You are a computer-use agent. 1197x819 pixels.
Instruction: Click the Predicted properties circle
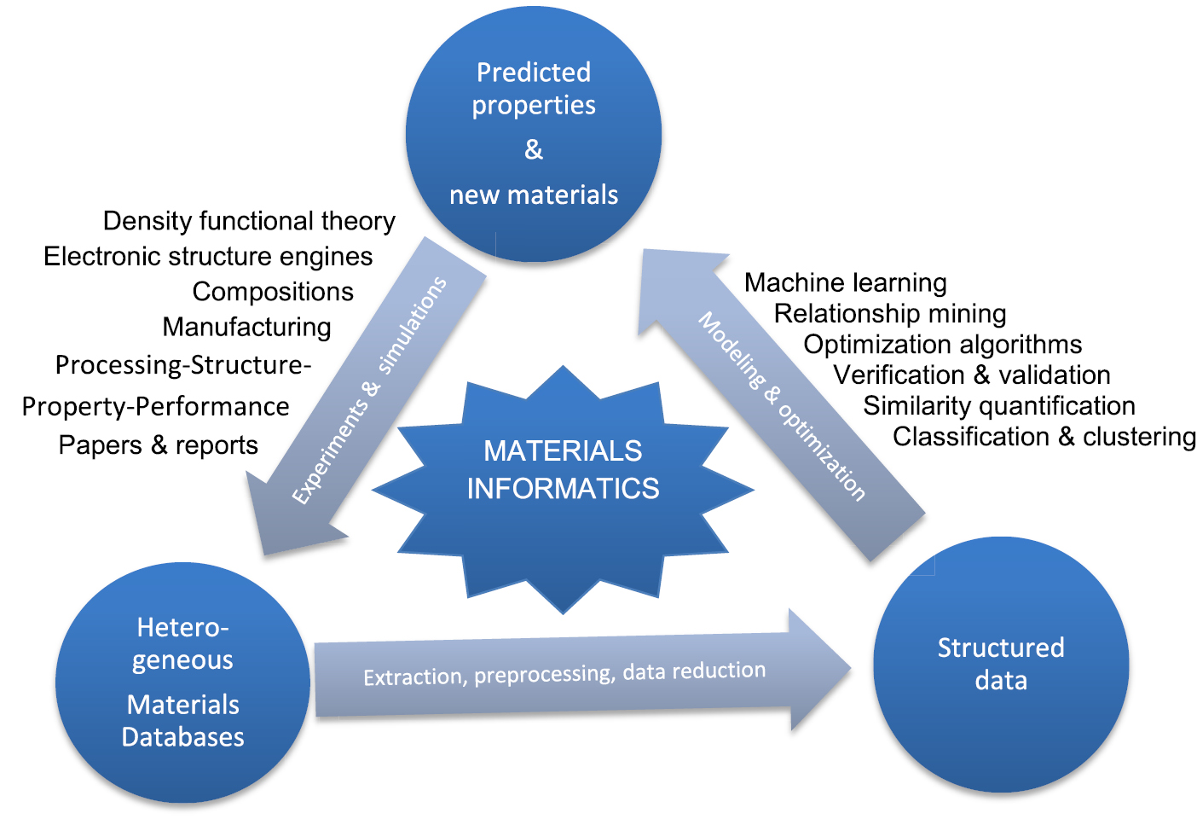click(534, 134)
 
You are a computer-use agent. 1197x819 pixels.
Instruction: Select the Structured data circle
click(1001, 664)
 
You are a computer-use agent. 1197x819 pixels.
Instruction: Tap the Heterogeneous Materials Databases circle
click(182, 682)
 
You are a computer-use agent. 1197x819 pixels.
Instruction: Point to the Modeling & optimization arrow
click(780, 405)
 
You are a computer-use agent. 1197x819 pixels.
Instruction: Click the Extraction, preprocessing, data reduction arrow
click(564, 674)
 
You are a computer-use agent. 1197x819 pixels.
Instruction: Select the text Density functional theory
click(249, 221)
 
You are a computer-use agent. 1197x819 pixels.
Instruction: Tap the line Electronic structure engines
click(208, 256)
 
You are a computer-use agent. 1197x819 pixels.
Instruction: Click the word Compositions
click(273, 292)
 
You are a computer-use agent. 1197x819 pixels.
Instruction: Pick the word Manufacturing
click(247, 327)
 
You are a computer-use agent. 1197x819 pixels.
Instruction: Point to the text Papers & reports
click(158, 445)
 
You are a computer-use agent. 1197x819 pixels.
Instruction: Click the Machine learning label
click(845, 282)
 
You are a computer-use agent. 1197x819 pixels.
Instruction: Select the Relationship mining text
click(889, 313)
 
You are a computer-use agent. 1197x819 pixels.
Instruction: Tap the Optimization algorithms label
click(942, 344)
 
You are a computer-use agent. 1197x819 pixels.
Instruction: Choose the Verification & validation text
click(971, 375)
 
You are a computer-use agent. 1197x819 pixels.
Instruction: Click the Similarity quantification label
click(998, 405)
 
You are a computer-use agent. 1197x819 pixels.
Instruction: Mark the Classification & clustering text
click(1044, 436)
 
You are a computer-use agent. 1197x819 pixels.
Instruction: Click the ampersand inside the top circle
click(534, 150)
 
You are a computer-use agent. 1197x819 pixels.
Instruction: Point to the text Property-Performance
click(155, 406)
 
